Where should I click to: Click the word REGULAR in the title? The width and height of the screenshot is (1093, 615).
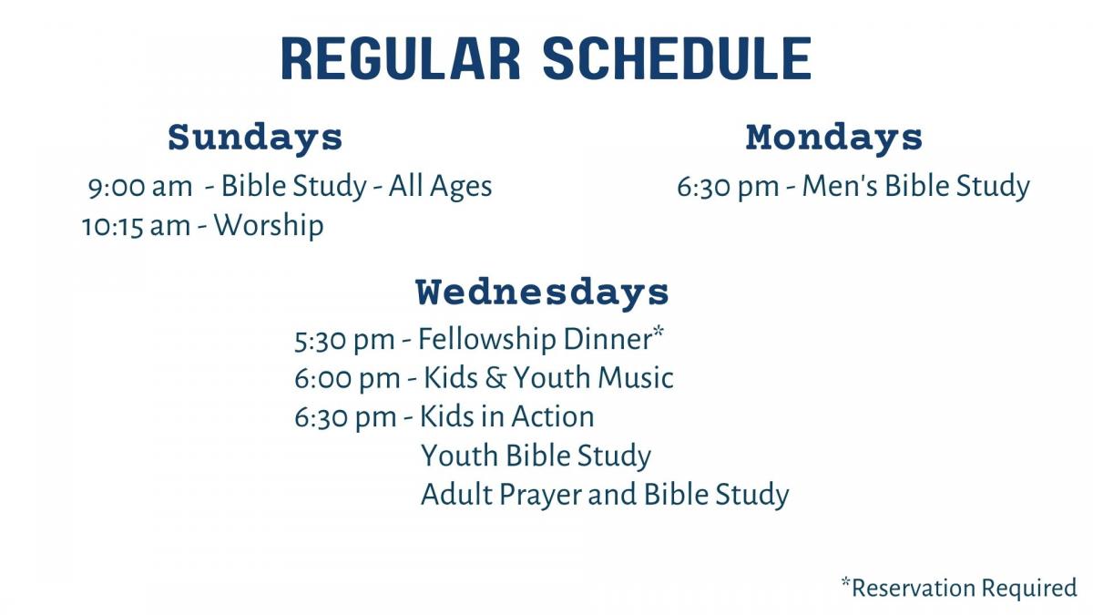pos(401,58)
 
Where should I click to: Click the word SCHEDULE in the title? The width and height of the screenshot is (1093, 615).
pos(678,58)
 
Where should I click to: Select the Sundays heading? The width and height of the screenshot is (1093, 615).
pos(255,138)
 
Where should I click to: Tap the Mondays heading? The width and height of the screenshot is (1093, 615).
pos(834,138)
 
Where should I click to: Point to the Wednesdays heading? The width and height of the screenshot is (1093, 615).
pos(542,293)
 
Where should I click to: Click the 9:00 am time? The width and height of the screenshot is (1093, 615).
pos(140,188)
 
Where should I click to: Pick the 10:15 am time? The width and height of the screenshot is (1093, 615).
pos(136,227)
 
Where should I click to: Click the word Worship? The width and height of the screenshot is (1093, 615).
pos(269,226)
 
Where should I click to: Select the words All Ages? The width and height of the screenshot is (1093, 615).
pos(440,187)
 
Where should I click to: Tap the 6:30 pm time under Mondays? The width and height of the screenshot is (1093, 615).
pos(728,188)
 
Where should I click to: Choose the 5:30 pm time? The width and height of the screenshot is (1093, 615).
pos(344,341)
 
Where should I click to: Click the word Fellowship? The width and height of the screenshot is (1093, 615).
pos(487,339)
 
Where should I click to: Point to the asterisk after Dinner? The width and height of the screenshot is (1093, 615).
pos(659,330)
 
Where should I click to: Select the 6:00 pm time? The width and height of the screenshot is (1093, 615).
pos(347,379)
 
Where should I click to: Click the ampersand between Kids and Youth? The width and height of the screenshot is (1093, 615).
pos(495,378)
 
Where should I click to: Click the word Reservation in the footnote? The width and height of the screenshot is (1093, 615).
pos(914,588)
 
